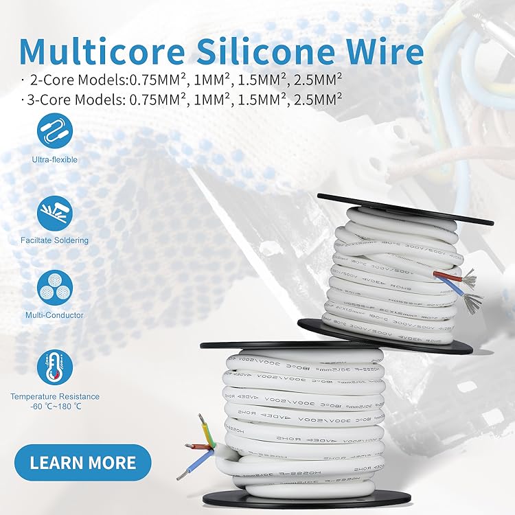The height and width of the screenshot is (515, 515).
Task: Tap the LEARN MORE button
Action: pos(82,462)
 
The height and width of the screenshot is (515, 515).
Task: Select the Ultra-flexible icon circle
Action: pos(55,131)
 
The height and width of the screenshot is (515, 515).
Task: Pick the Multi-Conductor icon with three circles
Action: pos(55,287)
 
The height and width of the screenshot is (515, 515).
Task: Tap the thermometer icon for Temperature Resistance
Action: pos(55,367)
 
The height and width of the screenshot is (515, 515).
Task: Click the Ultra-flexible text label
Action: pos(55,160)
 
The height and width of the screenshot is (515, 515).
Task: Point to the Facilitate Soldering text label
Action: pos(55,241)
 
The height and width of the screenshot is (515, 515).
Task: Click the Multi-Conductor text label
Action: pos(55,315)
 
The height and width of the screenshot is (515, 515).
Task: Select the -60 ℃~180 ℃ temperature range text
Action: pos(55,407)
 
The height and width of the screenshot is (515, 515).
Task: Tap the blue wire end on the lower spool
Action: pos(187,470)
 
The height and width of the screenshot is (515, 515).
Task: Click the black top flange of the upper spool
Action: pos(405,209)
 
